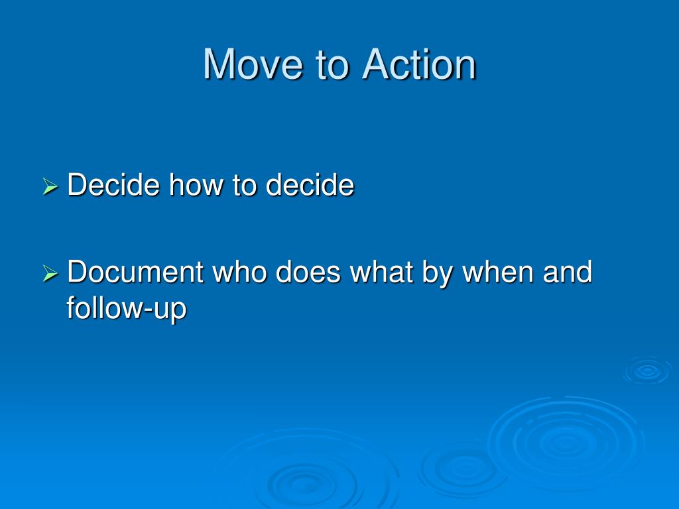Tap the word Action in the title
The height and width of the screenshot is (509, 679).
tap(419, 65)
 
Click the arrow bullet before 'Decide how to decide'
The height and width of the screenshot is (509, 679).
tap(50, 187)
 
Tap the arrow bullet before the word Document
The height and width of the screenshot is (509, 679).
tap(50, 273)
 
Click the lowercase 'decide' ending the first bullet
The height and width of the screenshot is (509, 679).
tap(310, 185)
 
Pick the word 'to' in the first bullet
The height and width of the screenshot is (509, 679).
tap(245, 185)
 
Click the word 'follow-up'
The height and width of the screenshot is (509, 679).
tap(126, 309)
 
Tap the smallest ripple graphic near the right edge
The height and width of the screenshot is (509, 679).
tap(647, 370)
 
